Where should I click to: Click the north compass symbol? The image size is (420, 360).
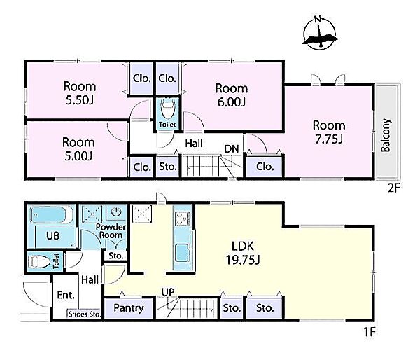pos(320,33)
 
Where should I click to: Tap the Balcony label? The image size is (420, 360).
pos(386,135)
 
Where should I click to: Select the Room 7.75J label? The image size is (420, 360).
pos(329,132)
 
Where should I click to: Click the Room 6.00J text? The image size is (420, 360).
pos(232,95)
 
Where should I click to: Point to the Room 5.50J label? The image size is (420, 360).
pos(80,93)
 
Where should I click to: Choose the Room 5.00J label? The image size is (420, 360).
pos(78,148)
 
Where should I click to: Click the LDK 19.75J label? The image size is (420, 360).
pos(243,253)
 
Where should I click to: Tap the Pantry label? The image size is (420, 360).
pos(129,308)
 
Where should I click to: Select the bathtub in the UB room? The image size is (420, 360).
pos(51,215)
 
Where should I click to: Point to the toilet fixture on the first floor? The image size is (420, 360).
pos(41,262)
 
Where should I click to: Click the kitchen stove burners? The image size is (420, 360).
pos(183,219)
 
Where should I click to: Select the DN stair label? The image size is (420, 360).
pos(232,148)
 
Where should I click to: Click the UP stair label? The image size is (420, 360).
pos(168,292)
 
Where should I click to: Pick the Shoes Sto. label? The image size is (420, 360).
pos(85,314)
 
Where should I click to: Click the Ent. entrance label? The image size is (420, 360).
pos(66,295)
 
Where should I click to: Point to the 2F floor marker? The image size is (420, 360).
pos(393,188)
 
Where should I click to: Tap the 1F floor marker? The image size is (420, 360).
pos(370,332)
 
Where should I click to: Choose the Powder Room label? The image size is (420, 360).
pos(111,231)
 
